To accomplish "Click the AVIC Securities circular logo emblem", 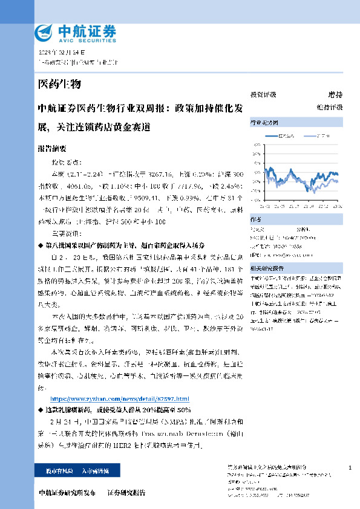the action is pos(45,32).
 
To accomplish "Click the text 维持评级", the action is pos(329,106).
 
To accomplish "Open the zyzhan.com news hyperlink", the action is pos(119,400).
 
